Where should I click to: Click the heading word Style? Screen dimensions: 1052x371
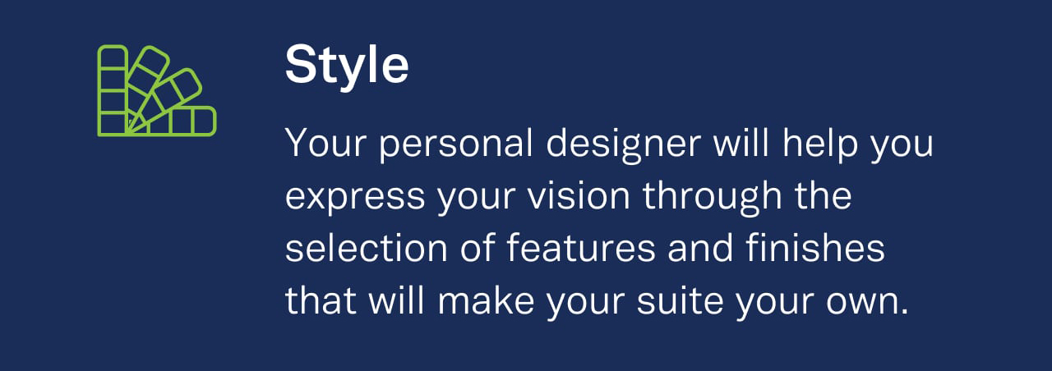(x=347, y=66)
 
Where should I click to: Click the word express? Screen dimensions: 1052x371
(x=355, y=197)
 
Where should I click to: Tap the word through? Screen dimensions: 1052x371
(x=713, y=197)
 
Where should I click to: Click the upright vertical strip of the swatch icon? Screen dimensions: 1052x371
(x=113, y=90)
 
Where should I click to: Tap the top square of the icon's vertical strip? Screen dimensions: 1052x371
(x=113, y=57)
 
